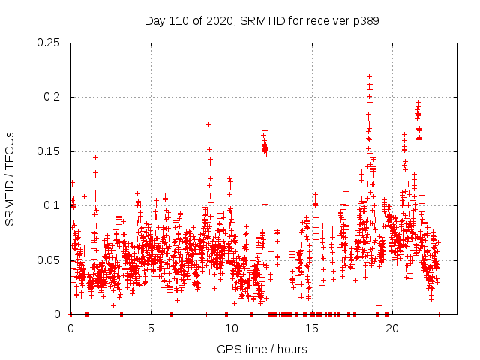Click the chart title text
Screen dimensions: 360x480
[x=262, y=21]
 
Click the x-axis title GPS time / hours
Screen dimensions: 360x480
[x=262, y=349]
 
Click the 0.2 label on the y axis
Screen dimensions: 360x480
[x=54, y=97]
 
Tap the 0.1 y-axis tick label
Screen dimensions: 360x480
[x=54, y=205]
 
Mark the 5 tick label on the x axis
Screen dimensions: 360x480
[x=151, y=328]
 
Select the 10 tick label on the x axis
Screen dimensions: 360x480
[x=231, y=328]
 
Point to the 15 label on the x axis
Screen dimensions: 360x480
[x=311, y=328]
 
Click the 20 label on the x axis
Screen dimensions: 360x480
[x=391, y=328]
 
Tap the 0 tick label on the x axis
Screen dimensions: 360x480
[x=70, y=328]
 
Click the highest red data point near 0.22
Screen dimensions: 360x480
[x=369, y=76]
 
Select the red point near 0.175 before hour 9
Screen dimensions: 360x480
[x=208, y=124]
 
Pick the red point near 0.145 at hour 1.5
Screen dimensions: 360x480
[x=95, y=157]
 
